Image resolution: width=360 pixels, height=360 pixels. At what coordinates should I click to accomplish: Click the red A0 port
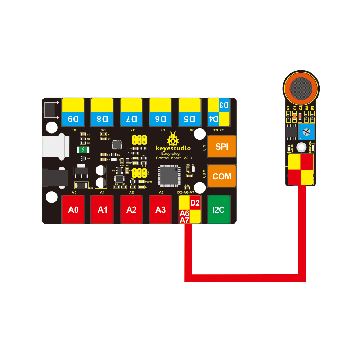click(73, 209)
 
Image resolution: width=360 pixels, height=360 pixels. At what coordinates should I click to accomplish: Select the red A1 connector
click(103, 209)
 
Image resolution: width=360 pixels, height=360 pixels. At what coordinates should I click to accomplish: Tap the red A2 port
click(131, 209)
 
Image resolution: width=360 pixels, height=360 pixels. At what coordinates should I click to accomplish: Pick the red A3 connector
click(161, 209)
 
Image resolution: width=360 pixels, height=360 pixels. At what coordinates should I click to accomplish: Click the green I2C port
click(219, 209)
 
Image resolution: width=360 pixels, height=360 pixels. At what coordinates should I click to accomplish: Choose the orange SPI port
click(221, 147)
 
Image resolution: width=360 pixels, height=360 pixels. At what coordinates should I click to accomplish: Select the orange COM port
click(221, 176)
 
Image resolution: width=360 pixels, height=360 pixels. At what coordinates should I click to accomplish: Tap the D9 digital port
click(73, 112)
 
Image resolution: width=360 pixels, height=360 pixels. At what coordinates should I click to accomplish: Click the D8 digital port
click(103, 112)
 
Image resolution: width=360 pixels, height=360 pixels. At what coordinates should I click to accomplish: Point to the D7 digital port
click(131, 112)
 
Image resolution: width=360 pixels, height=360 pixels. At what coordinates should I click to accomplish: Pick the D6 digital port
click(161, 112)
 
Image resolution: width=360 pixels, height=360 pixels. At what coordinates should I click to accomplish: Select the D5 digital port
click(190, 112)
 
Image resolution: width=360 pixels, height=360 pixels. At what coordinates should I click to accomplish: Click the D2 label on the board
click(195, 203)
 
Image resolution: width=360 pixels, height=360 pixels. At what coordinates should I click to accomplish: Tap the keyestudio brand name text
click(173, 148)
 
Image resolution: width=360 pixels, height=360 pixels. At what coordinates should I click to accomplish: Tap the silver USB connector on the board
click(54, 147)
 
